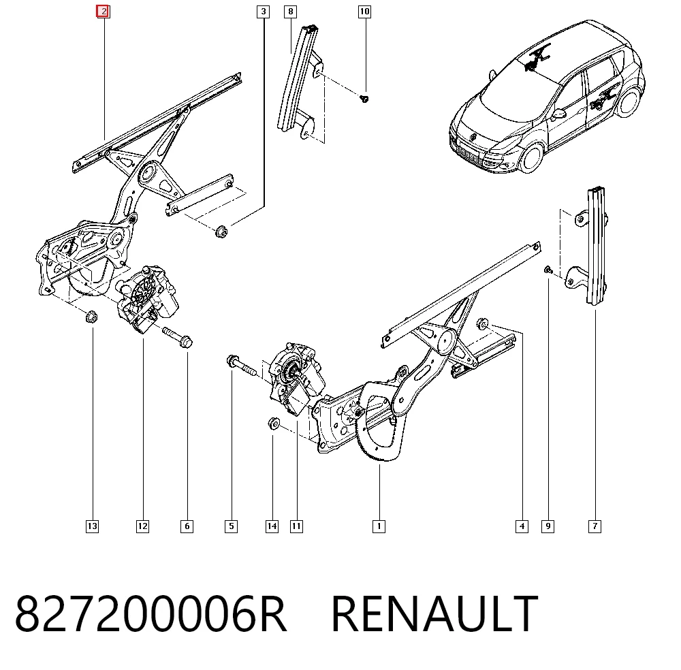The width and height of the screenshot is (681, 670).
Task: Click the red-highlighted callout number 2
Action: click(x=103, y=12)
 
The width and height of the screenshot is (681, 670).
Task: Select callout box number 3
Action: click(x=263, y=12)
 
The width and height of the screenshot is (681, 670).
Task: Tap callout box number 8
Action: click(x=291, y=12)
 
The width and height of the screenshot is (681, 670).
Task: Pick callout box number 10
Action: click(x=364, y=12)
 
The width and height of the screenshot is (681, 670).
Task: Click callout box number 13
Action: click(x=92, y=526)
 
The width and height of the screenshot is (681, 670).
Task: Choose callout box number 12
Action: click(x=142, y=526)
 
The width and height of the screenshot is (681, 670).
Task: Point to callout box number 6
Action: click(x=187, y=526)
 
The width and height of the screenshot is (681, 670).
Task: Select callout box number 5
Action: click(x=231, y=526)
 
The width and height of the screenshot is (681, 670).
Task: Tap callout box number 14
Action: click(x=272, y=526)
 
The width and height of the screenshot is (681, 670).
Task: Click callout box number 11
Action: click(x=296, y=526)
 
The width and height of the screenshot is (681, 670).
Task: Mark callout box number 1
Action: click(x=379, y=526)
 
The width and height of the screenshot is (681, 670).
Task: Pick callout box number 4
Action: click(x=522, y=526)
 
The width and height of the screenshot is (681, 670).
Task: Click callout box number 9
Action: click(x=548, y=526)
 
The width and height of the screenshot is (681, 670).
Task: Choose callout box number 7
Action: click(x=595, y=526)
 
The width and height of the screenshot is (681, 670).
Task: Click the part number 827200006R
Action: click(x=151, y=614)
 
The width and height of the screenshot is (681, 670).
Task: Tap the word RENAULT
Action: click(x=434, y=614)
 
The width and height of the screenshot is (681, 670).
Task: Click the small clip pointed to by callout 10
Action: click(x=364, y=99)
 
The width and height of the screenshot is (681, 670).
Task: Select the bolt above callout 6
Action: click(x=178, y=337)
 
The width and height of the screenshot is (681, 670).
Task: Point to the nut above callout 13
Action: click(x=91, y=317)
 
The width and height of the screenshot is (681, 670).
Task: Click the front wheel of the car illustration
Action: click(x=533, y=157)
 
